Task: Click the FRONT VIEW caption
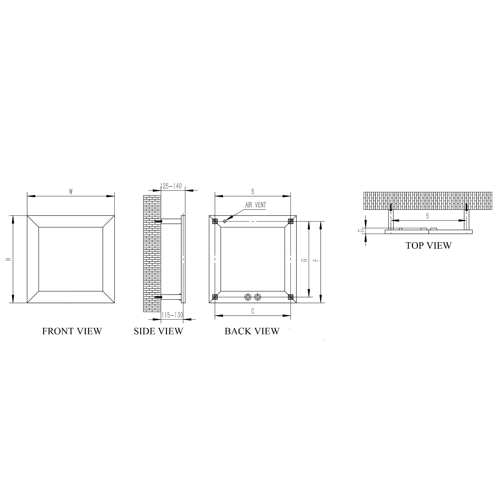(x=72, y=331)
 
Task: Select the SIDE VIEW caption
(x=158, y=331)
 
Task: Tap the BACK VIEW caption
(x=252, y=331)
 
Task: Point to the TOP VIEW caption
(x=428, y=246)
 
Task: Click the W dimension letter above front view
(x=71, y=192)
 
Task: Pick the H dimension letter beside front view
(x=9, y=259)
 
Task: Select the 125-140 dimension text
(x=171, y=186)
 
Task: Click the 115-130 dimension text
(x=172, y=315)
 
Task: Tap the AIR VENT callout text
(x=255, y=205)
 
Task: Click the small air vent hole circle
(x=225, y=221)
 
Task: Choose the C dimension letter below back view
(x=253, y=311)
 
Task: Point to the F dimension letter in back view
(x=316, y=260)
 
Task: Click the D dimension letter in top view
(x=361, y=231)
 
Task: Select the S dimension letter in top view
(x=427, y=216)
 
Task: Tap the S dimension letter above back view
(x=253, y=192)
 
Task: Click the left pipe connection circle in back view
(x=248, y=297)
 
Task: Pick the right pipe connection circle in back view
(x=258, y=297)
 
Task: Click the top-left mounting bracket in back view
(x=215, y=221)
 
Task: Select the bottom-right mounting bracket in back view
(x=290, y=297)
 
